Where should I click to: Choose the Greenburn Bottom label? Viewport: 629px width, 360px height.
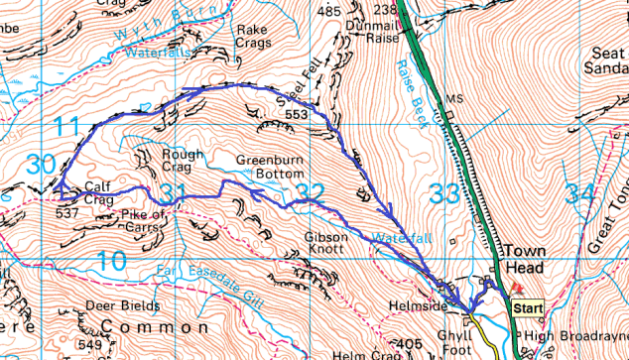coord(268,167)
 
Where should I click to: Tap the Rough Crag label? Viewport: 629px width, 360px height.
coord(167,160)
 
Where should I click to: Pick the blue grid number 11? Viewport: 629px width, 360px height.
coord(65,126)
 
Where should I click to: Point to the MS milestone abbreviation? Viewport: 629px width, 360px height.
coord(455,100)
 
